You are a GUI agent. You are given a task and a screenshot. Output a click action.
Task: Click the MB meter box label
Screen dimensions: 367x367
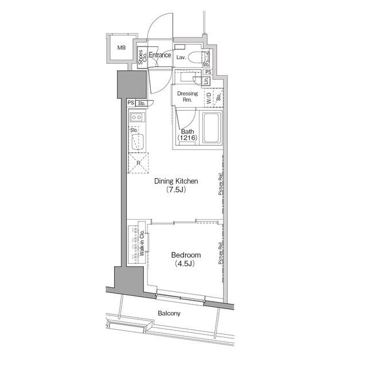click(x=122, y=48)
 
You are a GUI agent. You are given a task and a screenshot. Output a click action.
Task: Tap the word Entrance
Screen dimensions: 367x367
click(x=160, y=55)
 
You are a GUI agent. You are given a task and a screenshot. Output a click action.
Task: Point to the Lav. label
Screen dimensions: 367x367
click(x=181, y=57)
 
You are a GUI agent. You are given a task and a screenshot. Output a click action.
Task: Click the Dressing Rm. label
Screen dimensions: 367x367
click(x=188, y=96)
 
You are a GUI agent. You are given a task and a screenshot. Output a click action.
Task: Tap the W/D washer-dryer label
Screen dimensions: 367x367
click(x=209, y=98)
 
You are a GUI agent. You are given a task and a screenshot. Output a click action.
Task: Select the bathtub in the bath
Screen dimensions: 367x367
click(x=212, y=128)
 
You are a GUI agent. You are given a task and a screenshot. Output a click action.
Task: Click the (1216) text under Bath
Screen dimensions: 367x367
click(x=188, y=138)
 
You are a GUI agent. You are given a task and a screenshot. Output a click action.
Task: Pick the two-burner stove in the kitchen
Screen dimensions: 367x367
click(x=136, y=117)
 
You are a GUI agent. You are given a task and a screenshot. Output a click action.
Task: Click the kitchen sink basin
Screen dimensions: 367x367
click(x=138, y=142)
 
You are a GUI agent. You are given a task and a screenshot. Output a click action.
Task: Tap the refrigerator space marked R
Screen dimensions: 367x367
click(x=138, y=163)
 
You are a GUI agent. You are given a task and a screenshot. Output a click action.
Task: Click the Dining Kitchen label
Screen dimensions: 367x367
click(x=176, y=181)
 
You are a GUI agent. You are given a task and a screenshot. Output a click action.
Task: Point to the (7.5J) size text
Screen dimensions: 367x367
click(x=176, y=190)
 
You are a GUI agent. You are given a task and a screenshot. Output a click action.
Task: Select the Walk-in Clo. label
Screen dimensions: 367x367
click(x=142, y=243)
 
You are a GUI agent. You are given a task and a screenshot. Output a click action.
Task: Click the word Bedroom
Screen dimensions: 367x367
click(x=186, y=255)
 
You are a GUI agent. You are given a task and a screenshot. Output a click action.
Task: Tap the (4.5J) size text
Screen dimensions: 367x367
click(x=185, y=264)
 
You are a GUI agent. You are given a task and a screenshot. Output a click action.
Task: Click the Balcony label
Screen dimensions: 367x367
click(x=169, y=313)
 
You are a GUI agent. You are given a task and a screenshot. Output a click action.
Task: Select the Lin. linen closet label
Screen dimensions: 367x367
click(x=206, y=81)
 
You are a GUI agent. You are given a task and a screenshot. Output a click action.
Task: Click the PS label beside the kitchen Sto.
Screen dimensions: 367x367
click(x=131, y=103)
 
